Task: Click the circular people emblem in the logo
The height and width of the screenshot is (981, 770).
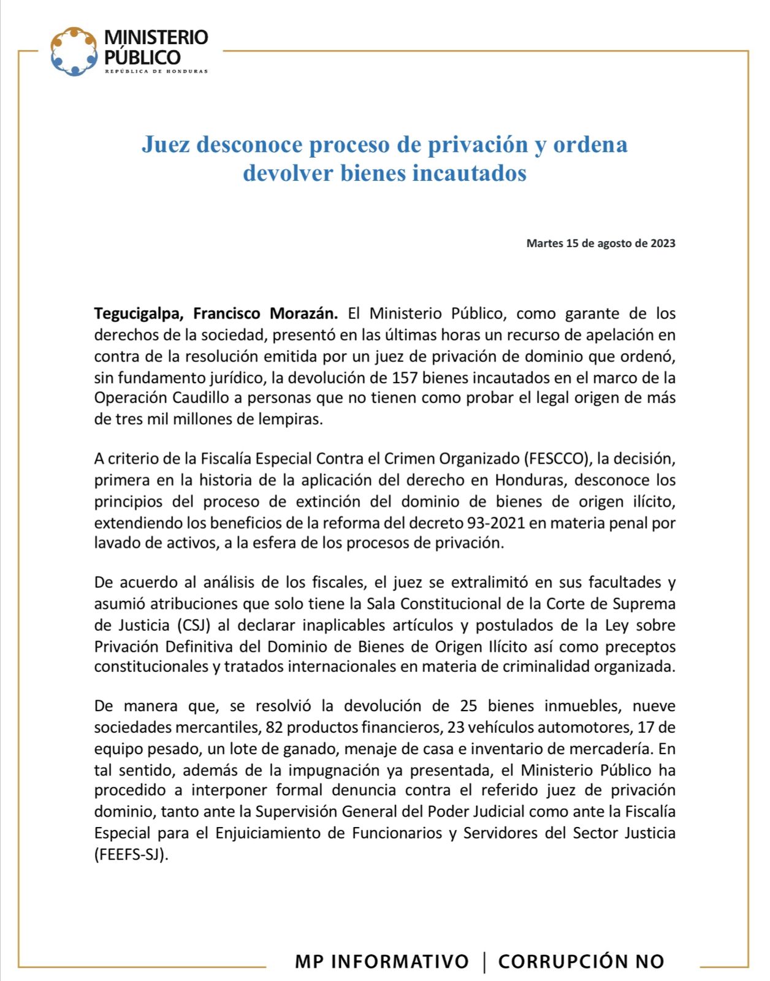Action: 74,52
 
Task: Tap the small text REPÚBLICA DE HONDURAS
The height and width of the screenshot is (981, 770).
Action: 156,72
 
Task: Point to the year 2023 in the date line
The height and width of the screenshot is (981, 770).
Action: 663,243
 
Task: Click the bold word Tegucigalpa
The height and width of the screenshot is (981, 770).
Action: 138,314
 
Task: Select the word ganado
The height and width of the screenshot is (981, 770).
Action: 311,749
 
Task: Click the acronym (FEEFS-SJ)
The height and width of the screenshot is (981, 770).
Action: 131,855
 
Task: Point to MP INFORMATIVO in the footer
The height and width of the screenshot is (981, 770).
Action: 381,961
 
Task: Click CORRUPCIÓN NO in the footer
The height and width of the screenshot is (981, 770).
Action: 581,961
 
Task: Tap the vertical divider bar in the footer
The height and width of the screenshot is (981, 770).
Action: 485,961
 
